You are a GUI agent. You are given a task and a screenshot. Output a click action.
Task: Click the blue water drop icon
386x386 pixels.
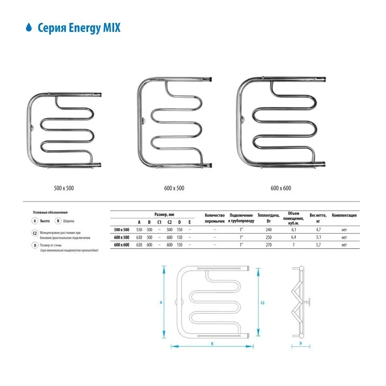(29, 28)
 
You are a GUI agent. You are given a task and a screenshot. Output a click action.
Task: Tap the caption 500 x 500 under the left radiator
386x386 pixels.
(64, 188)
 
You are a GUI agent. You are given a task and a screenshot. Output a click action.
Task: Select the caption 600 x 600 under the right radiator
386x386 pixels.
(281, 188)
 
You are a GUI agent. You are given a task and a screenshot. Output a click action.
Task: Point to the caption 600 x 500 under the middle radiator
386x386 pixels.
(175, 188)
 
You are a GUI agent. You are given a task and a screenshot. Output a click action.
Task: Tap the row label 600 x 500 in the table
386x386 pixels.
(122, 237)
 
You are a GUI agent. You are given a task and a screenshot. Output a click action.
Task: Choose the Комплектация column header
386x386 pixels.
(344, 215)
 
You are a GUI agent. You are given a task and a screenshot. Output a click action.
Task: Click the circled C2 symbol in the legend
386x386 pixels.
(35, 233)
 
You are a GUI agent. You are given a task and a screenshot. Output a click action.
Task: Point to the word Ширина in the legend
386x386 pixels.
(68, 221)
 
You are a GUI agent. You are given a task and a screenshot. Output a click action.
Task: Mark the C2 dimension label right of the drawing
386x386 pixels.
(263, 302)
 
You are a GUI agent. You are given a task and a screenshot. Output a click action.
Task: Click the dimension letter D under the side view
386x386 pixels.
(300, 343)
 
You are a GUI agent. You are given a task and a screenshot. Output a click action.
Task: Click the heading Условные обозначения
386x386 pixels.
(50, 212)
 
